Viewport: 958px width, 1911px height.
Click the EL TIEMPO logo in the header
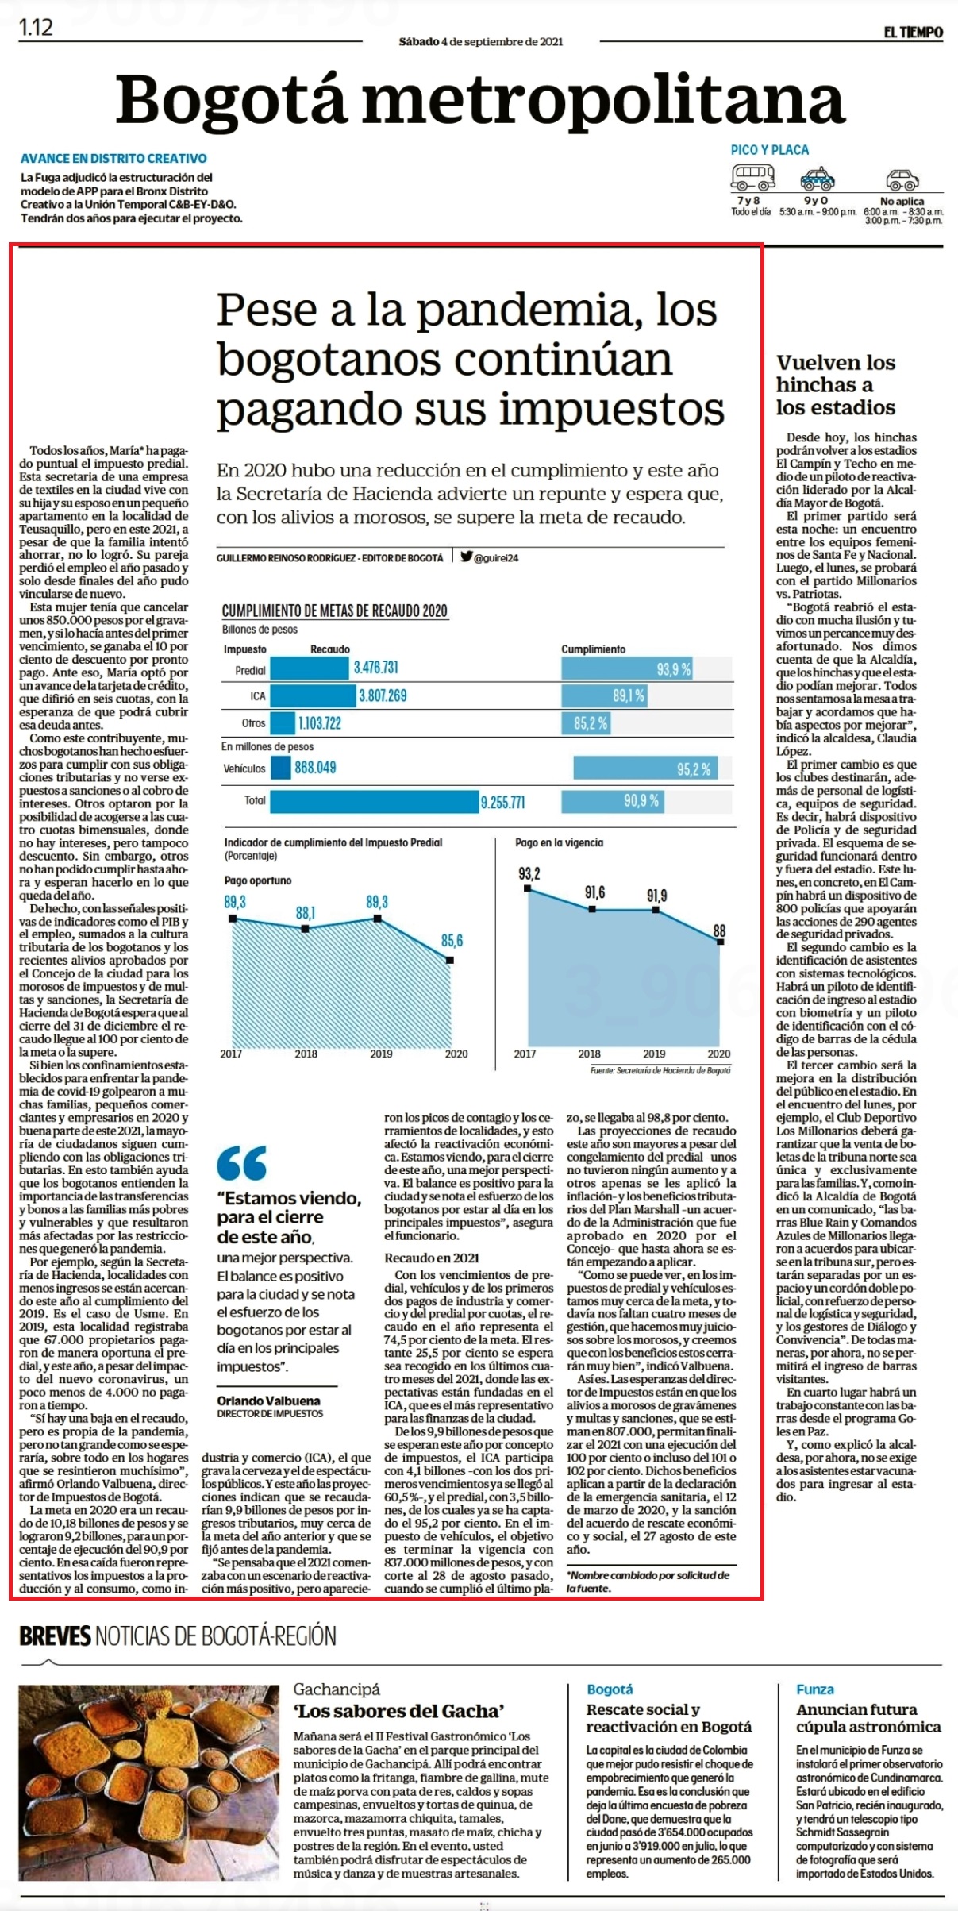[914, 33]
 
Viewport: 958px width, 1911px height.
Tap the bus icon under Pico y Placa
[753, 175]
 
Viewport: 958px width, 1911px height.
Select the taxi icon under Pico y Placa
[817, 178]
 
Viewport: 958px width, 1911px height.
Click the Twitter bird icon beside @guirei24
[466, 557]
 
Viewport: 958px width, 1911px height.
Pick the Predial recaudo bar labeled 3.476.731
[310, 668]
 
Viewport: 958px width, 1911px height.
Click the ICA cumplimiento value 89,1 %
[628, 696]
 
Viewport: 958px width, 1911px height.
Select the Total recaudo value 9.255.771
[502, 803]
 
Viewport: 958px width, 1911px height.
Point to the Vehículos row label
[244, 769]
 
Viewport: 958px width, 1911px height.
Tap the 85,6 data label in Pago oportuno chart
[452, 941]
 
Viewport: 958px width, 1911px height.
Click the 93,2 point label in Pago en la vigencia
[529, 874]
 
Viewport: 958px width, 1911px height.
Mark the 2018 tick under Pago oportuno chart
[306, 1054]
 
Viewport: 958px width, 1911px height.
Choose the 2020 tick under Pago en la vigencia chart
[718, 1054]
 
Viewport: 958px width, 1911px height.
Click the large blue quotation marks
[242, 1163]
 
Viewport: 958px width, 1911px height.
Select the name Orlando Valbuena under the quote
[269, 1401]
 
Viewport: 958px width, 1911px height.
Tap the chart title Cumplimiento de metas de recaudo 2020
[334, 611]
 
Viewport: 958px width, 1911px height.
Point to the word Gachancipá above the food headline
[337, 1689]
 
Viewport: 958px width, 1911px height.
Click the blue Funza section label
[815, 1689]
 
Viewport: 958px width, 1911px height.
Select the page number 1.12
[36, 28]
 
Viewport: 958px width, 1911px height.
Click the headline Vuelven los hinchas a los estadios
[836, 385]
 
